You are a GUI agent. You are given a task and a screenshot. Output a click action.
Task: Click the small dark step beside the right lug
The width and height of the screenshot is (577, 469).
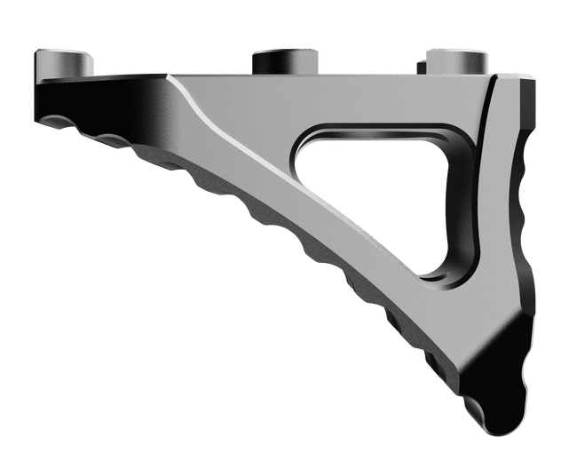point(417,64)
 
